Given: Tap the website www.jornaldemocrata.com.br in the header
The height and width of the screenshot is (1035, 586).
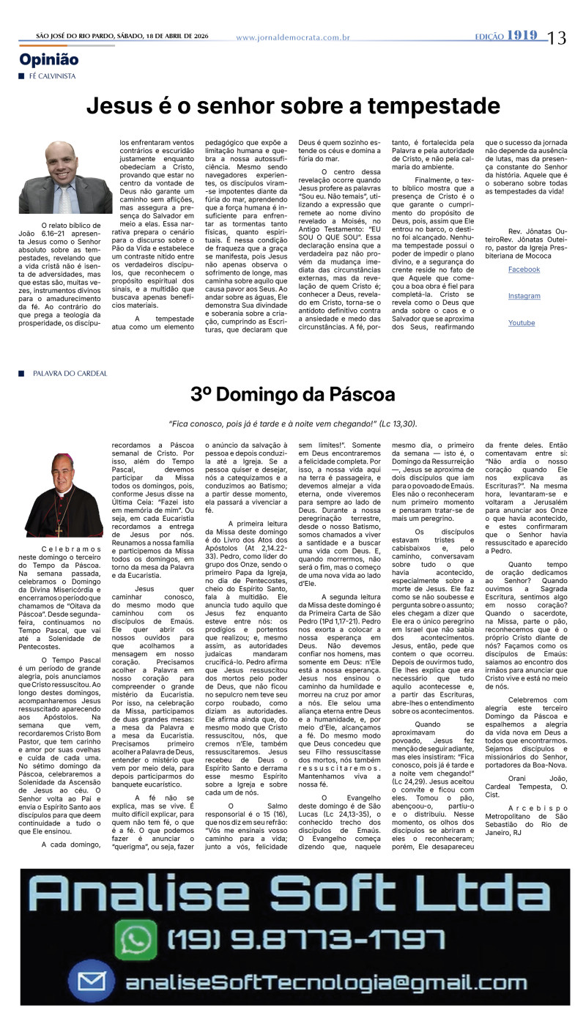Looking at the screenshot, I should pyautogui.click(x=293, y=37).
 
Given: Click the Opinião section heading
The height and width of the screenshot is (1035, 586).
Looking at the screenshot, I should pyautogui.click(x=49, y=60).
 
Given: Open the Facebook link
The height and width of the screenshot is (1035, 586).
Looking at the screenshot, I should pyautogui.click(x=524, y=270).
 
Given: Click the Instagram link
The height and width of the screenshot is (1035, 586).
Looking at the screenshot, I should pyautogui.click(x=524, y=296).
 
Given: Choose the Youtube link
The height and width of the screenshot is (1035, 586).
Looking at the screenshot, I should pyautogui.click(x=522, y=323).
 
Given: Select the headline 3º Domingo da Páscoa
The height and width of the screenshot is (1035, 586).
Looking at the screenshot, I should pyautogui.click(x=293, y=395).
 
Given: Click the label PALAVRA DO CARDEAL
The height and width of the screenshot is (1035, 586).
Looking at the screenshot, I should pyautogui.click(x=70, y=374).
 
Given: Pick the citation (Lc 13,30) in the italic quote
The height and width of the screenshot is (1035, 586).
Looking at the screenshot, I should pyautogui.click(x=398, y=423).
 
